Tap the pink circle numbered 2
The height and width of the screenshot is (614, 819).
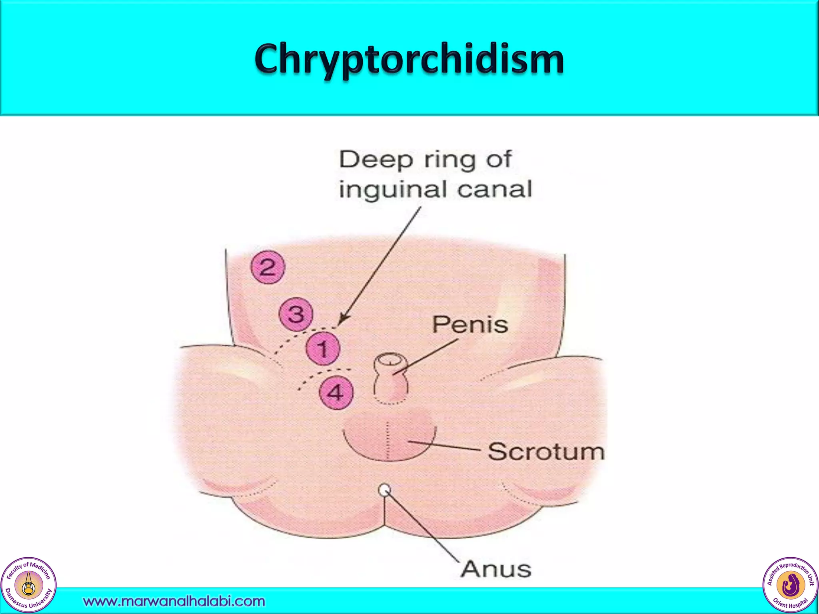pos(268,267)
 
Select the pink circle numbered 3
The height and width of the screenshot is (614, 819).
pos(296,314)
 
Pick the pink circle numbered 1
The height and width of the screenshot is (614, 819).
pos(323,348)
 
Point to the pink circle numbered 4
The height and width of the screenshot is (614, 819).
pos(336,393)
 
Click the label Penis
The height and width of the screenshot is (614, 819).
pos(470,325)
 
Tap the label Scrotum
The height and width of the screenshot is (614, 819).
pos(546,452)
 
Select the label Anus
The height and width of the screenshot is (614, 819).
pos(496,569)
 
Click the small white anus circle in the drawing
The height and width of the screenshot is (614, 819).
pos(384,490)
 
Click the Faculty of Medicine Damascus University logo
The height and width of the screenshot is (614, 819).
pos(28,585)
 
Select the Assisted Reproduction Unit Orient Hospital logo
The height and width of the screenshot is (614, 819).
pos(790,585)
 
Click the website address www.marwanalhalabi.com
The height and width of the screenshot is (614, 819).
pos(174,601)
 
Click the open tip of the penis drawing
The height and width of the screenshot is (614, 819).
pos(390,361)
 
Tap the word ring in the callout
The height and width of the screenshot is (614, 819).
pos(449,159)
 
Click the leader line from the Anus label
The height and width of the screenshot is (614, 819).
pos(424,528)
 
